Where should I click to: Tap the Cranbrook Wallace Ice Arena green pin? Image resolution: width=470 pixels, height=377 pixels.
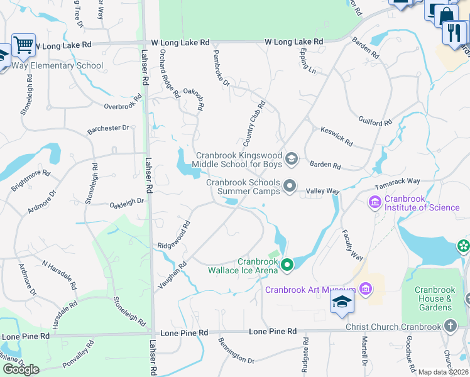tap(287, 266)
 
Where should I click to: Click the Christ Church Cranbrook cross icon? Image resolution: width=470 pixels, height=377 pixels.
tap(450, 326)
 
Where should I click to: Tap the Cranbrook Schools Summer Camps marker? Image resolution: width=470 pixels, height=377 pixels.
tap(290, 186)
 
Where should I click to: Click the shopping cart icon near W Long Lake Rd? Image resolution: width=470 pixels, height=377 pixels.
tap(23, 44)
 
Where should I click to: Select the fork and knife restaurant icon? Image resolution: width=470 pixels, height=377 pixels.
tap(454, 31)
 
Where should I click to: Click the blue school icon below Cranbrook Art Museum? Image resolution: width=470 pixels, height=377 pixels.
tap(342, 303)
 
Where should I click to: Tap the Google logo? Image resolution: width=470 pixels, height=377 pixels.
tap(21, 369)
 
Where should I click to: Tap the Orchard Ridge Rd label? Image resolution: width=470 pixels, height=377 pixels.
tap(170, 74)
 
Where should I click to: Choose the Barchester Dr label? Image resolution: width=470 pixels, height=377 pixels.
tap(107, 128)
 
